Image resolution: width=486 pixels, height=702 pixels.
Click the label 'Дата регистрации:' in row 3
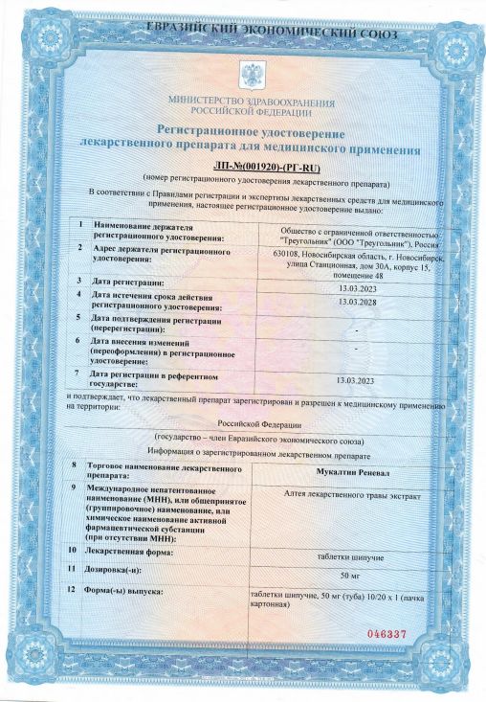point(130,283)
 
